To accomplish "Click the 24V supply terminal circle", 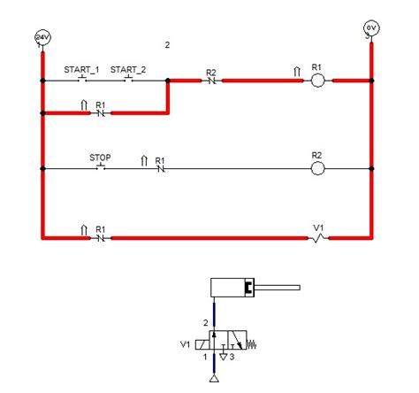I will click(42, 36).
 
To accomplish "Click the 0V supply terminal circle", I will click(371, 28).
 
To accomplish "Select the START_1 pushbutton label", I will click(81, 69).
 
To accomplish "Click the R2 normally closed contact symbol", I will click(211, 81).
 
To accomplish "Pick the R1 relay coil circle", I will click(318, 81).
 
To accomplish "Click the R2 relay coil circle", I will click(318, 167).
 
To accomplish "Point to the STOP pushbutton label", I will click(100, 157).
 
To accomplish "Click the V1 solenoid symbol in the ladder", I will click(319, 237).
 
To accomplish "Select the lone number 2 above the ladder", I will click(167, 43).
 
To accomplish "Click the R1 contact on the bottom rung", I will click(100, 237).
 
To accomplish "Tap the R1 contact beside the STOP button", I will click(160, 167).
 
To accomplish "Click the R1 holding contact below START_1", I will click(100, 112).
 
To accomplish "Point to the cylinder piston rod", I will click(279, 287).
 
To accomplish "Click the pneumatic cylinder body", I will click(232, 287).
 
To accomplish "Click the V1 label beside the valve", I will click(185, 344).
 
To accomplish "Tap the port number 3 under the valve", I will click(232, 357).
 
